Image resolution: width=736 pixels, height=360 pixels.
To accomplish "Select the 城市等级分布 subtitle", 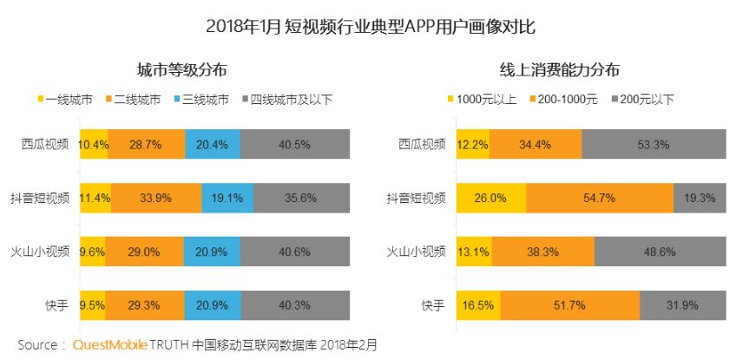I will tap(182, 70).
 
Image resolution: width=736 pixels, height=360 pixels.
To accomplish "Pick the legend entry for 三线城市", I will tap(200, 100).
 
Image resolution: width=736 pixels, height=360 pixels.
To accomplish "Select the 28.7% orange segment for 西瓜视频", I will tap(146, 145).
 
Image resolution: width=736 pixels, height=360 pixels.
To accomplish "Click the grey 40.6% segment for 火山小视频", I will tap(296, 252).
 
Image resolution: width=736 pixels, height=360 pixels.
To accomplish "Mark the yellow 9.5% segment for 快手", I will tap(92, 305).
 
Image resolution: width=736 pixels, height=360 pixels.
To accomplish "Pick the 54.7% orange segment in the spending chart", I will tap(599, 198).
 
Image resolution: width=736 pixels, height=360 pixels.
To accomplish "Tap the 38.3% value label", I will tap(547, 252).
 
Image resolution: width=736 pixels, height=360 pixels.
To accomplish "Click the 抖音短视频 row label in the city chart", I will tap(46, 198).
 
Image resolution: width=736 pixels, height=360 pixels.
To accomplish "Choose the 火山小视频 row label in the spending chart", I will tap(416, 252).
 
